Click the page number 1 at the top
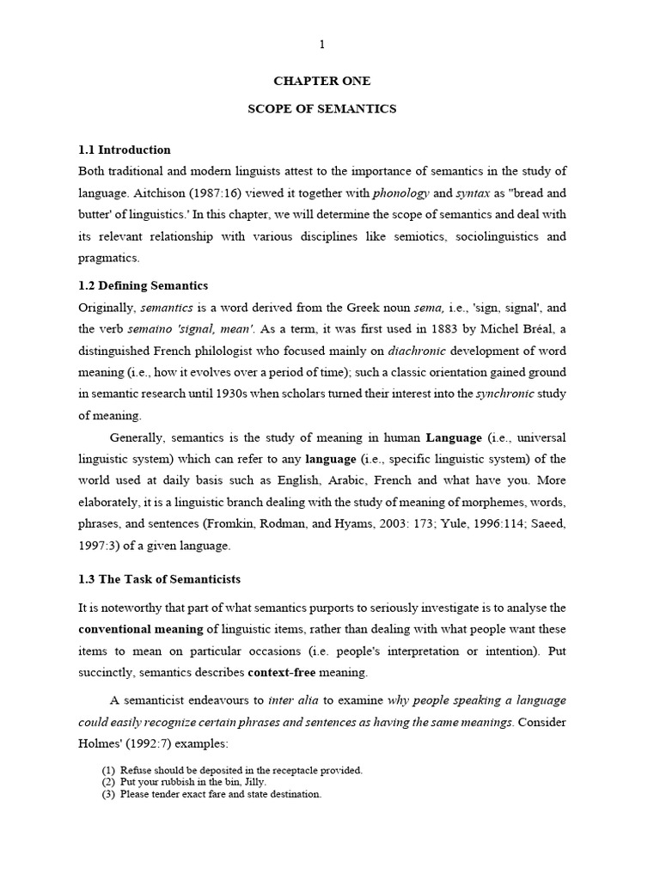click(x=322, y=44)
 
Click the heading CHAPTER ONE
click(x=321, y=81)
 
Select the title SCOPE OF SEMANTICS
click(x=321, y=109)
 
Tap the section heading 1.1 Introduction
click(x=125, y=150)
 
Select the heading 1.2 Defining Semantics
click(x=143, y=285)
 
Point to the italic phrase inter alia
click(x=293, y=700)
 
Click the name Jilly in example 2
click(x=252, y=782)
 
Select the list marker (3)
click(x=108, y=795)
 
